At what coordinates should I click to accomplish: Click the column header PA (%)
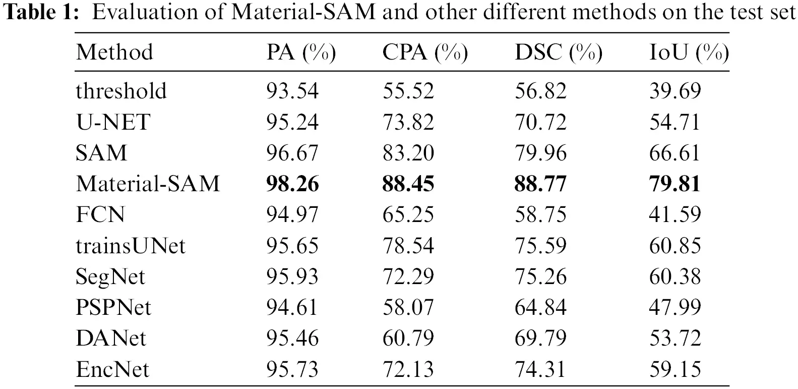tap(301, 52)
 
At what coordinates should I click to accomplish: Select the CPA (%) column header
tap(425, 52)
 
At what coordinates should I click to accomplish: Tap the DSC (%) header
tap(558, 52)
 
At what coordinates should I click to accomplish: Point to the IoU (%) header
tap(689, 52)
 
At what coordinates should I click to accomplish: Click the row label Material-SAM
tap(148, 183)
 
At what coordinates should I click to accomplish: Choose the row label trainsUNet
tap(131, 246)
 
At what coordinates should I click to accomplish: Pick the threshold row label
tap(121, 91)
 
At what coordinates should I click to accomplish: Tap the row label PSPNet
tap(113, 307)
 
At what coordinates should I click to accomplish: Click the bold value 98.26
tap(292, 184)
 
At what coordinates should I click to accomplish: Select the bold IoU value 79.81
tap(675, 184)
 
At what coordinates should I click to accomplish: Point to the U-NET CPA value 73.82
tap(408, 122)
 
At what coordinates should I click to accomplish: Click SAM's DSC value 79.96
tap(540, 153)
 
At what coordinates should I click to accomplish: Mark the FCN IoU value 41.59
tap(675, 214)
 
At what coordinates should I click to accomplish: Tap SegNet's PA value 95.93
tap(292, 276)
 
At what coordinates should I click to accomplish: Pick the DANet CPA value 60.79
tap(408, 338)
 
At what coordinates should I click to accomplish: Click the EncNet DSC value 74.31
tap(540, 369)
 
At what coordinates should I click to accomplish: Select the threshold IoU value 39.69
tap(675, 91)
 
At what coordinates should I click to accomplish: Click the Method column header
tap(114, 52)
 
